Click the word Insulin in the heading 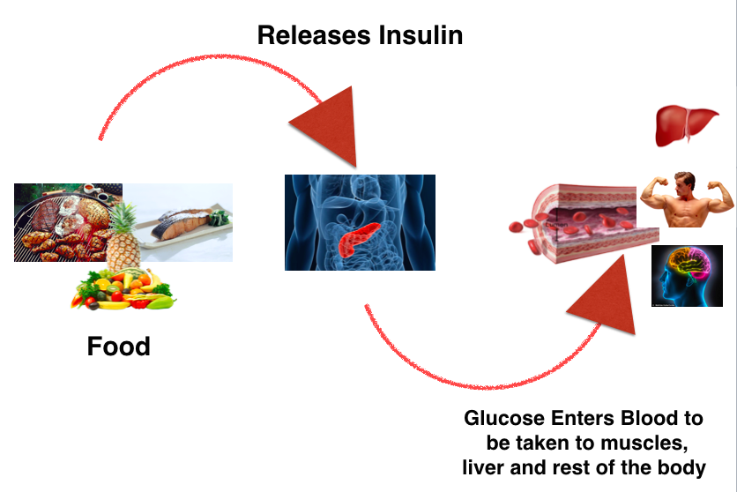click(421, 35)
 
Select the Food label click(118, 347)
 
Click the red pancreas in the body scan click(358, 240)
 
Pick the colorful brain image click(687, 276)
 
